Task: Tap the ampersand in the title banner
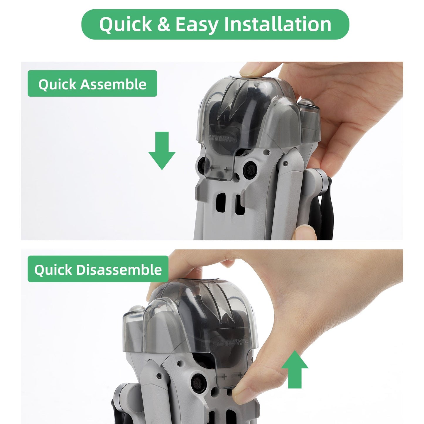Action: tap(164, 24)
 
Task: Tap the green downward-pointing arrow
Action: tap(162, 151)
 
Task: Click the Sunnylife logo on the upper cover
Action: tap(221, 138)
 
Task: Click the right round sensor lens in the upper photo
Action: tap(250, 169)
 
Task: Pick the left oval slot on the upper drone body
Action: tap(221, 203)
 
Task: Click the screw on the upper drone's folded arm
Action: tap(286, 163)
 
